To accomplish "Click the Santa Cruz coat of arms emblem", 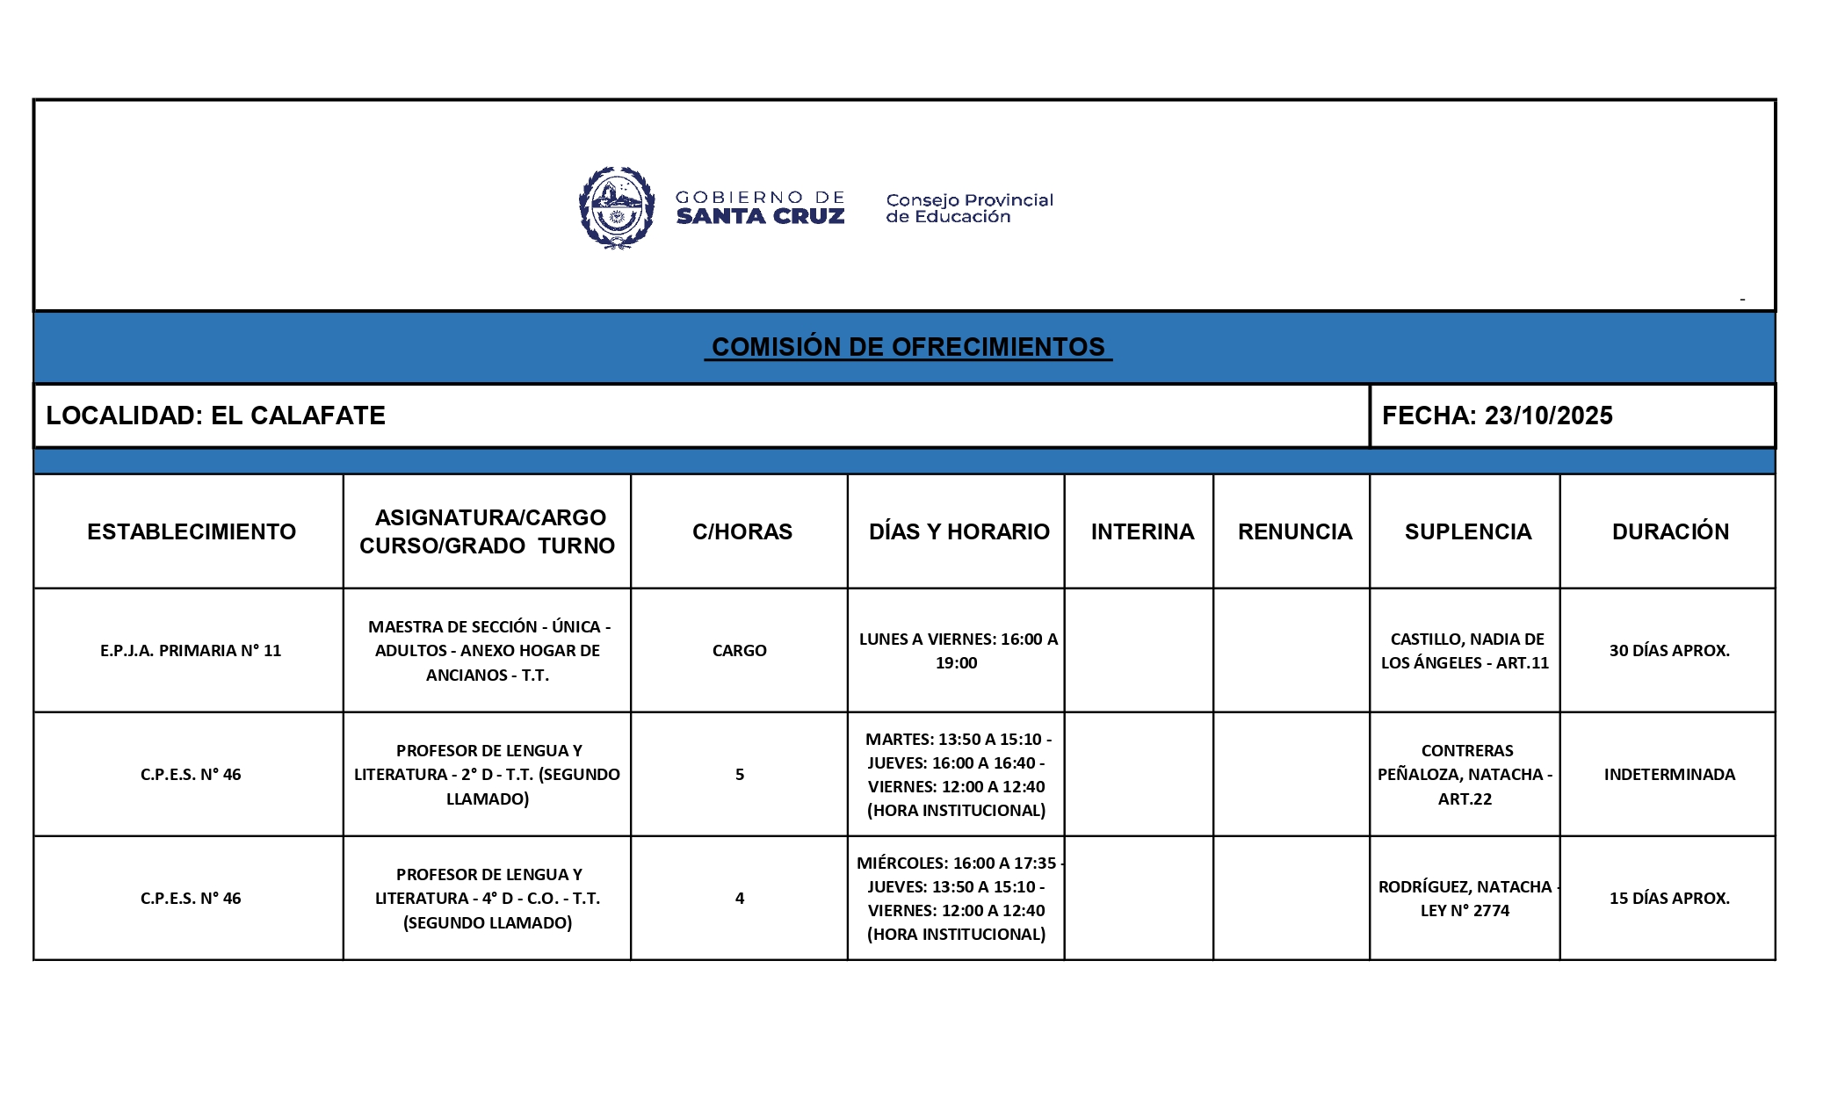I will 617,208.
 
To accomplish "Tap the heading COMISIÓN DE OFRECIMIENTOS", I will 908,347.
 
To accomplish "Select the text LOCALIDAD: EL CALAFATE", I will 215,415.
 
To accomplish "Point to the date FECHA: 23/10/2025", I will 1497,415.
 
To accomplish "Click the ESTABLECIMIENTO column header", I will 191,531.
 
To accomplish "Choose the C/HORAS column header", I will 742,531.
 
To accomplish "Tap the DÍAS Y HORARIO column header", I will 959,531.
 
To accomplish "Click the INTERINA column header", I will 1142,531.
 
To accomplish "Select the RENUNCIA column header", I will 1294,531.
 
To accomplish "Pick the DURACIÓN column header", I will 1669,531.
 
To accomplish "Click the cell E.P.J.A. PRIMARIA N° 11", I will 191,651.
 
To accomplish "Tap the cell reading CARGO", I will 739,651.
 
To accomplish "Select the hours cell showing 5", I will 739,775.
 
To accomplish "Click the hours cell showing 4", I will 739,899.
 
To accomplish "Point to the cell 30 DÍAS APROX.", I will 1668,651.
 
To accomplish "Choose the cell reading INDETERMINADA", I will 1668,775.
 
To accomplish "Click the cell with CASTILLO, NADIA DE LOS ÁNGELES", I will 1465,651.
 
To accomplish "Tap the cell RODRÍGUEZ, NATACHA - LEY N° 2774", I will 1465,899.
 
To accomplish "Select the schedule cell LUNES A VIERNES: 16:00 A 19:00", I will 957,651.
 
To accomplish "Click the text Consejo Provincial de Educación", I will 968,208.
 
